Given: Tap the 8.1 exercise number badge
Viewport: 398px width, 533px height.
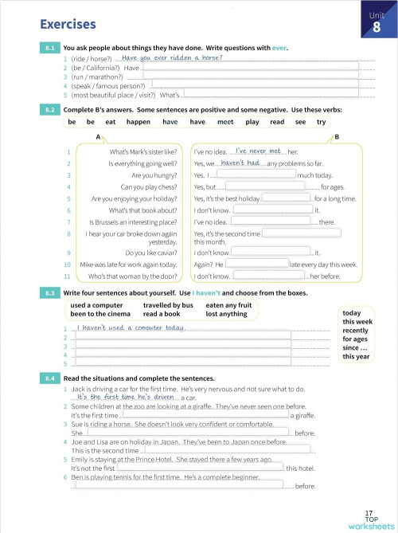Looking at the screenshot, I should click(x=49, y=49).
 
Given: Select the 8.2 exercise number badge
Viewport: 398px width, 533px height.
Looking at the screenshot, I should click(x=49, y=108).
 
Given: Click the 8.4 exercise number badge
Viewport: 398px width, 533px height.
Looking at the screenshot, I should click(x=49, y=378).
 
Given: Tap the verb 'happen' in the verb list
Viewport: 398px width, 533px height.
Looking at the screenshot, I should click(x=138, y=122).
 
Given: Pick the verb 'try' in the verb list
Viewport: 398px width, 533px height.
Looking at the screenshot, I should click(x=321, y=122).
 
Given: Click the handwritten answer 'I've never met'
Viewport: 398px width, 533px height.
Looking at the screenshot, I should click(x=258, y=151).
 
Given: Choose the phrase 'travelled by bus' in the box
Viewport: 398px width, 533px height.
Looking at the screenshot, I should click(x=167, y=305).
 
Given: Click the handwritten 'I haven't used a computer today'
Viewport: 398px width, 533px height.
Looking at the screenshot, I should click(x=119, y=328).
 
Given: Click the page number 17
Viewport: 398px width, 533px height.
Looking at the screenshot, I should click(x=369, y=514).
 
